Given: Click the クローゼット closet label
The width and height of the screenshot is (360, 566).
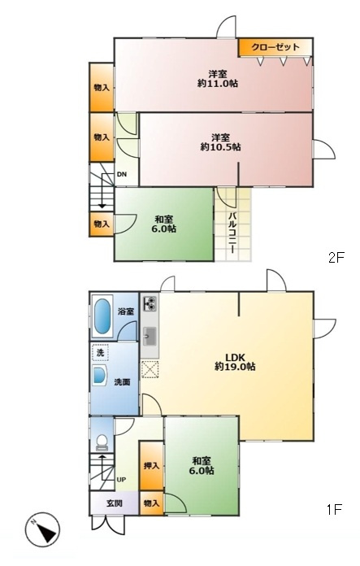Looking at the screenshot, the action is [x=275, y=47].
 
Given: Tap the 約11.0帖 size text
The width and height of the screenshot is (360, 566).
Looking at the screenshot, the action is [x=218, y=84].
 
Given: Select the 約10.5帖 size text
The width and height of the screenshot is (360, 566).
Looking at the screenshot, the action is [x=221, y=147].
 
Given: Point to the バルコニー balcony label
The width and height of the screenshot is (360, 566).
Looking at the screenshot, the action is [x=232, y=233].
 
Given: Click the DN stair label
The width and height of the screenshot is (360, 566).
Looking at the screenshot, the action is [x=122, y=174].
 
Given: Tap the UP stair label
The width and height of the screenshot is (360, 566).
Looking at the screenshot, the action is [x=121, y=480].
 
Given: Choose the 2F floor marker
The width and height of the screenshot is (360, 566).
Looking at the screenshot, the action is [x=336, y=258].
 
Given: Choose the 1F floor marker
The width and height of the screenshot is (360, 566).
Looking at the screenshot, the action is [x=334, y=509].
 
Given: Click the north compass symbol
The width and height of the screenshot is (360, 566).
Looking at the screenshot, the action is [x=42, y=529].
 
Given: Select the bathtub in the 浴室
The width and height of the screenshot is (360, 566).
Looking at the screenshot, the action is [x=102, y=316].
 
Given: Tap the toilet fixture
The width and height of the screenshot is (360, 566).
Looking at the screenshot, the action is [x=102, y=442].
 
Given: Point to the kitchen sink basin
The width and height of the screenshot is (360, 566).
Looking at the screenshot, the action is [x=150, y=337].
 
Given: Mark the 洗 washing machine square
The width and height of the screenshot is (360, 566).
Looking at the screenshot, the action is [x=100, y=353].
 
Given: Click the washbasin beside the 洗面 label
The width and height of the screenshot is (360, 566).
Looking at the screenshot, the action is [x=99, y=376].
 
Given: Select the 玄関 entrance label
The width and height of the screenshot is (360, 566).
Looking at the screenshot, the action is [x=114, y=503].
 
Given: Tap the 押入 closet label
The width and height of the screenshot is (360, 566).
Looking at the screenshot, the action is [x=151, y=466].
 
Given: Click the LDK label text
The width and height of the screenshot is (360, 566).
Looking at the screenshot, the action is [x=235, y=357].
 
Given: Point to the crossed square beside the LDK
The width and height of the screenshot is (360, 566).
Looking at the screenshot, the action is [x=150, y=369].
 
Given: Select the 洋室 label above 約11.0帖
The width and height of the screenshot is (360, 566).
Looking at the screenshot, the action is [x=218, y=74].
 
